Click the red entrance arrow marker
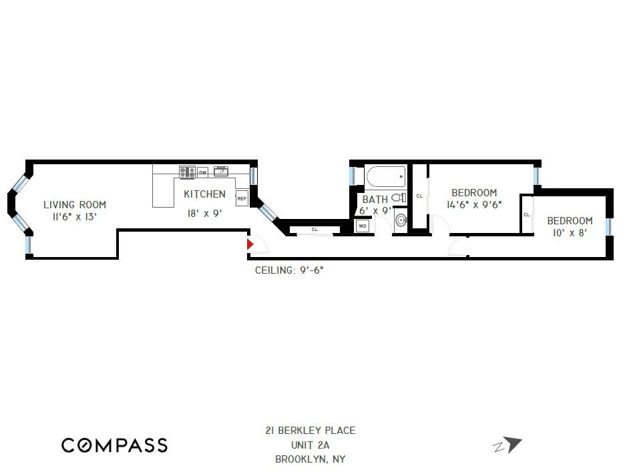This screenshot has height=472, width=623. click(250, 245)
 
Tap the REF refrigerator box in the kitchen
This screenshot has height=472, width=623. click(241, 198)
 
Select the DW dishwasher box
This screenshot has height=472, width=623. click(202, 172)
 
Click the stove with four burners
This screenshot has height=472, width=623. click(187, 172)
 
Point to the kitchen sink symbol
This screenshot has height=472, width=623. click(221, 172)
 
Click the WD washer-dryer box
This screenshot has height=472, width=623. click(363, 226)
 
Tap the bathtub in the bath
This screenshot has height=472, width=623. click(385, 177)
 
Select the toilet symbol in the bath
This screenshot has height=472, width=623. click(399, 198)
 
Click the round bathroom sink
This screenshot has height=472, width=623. click(401, 220)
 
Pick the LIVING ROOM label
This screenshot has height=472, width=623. click(75, 205)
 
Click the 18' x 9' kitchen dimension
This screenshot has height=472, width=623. click(204, 214)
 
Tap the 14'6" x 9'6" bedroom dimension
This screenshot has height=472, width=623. click(474, 205)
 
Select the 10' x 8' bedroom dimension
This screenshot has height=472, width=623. click(570, 233)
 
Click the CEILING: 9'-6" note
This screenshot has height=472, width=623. click(290, 270)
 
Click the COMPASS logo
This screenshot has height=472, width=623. click(114, 445)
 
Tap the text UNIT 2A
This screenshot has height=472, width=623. click(310, 445)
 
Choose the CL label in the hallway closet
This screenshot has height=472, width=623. click(315, 230)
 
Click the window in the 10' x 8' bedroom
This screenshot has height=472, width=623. click(608, 226)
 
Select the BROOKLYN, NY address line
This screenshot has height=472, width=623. click(310, 459)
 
